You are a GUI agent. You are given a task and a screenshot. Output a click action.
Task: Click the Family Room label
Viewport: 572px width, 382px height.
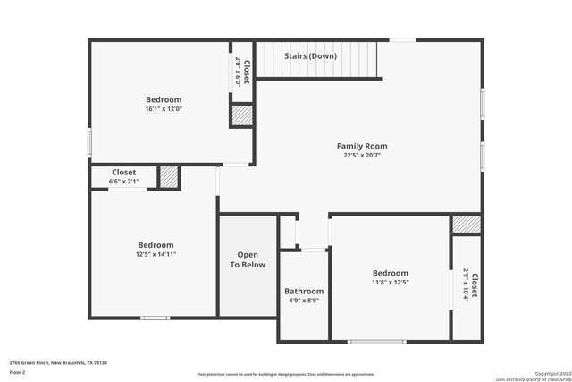coord(362,146)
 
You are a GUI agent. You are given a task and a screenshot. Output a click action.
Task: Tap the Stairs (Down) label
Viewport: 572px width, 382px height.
coord(311,56)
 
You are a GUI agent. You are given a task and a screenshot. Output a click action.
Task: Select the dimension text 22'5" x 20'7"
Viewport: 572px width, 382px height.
coord(362,156)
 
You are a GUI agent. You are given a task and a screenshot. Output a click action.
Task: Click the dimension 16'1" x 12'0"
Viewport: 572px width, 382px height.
coord(164,109)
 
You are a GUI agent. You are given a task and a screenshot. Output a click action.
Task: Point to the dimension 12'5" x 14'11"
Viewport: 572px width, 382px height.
coord(156,254)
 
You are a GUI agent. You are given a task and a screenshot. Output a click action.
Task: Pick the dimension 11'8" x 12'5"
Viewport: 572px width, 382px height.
coord(390,283)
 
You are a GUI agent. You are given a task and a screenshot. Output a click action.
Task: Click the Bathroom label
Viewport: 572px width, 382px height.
coord(304,291)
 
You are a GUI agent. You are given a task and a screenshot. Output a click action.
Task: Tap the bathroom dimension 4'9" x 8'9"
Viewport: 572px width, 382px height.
coord(304,301)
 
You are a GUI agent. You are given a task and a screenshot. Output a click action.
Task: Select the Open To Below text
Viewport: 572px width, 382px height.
coord(248,259)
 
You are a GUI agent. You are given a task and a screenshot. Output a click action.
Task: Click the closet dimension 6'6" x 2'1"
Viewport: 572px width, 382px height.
coord(124,182)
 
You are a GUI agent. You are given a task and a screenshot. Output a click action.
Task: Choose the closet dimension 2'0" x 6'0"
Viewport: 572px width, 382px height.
coord(239,70)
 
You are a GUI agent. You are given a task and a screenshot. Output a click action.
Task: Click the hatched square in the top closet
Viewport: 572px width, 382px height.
coord(241,115)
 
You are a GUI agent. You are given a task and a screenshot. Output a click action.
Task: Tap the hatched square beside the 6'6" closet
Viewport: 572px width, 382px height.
coord(169,177)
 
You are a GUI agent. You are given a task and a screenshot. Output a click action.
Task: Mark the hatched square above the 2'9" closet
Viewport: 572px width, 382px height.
coord(466,224)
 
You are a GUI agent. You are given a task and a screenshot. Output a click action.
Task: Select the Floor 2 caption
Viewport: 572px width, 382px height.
coord(18,371)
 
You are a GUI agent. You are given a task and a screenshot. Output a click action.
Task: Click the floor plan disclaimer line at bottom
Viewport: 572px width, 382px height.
coord(286,374)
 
